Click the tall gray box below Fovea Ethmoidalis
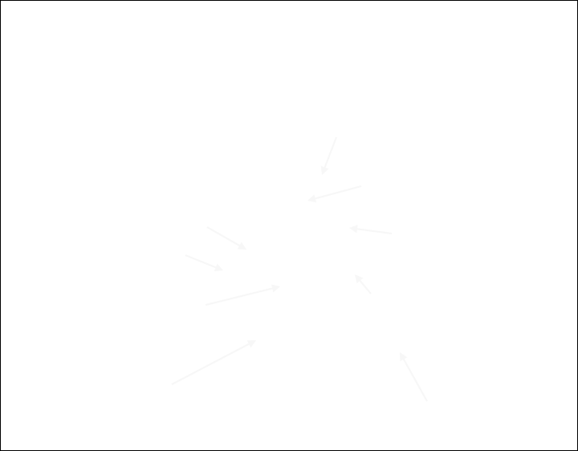328,156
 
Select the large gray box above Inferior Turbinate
214,363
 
